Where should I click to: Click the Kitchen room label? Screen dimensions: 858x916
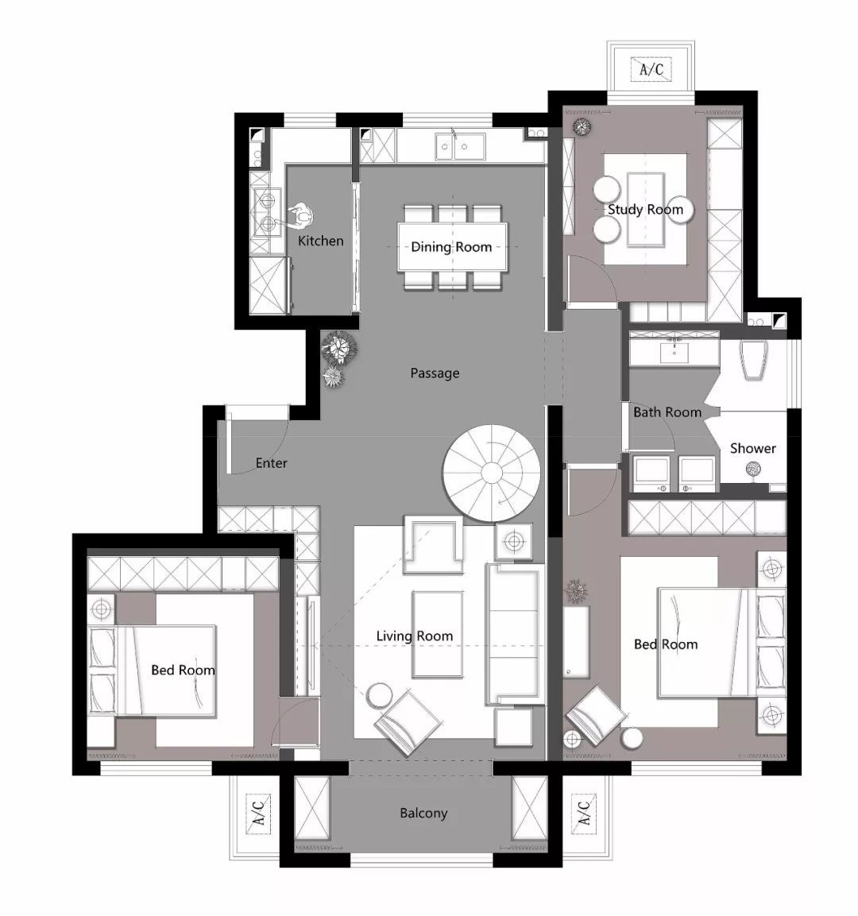pyautogui.click(x=321, y=241)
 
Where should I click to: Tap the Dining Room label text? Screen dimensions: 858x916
pyautogui.click(x=451, y=247)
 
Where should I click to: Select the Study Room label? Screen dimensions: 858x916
pyautogui.click(x=645, y=210)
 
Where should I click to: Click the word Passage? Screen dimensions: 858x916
pyautogui.click(x=435, y=373)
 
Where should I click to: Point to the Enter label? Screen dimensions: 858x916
pyautogui.click(x=272, y=463)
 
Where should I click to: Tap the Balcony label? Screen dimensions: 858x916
pyautogui.click(x=423, y=814)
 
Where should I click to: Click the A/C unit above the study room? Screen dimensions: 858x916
pyautogui.click(x=651, y=70)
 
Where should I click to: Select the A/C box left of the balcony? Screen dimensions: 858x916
pyautogui.click(x=258, y=814)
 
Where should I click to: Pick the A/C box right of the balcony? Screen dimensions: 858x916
pyautogui.click(x=583, y=814)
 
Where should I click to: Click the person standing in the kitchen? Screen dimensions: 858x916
pyautogui.click(x=299, y=216)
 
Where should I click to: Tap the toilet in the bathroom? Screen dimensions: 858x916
pyautogui.click(x=752, y=358)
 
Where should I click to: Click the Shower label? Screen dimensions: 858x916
pyautogui.click(x=753, y=449)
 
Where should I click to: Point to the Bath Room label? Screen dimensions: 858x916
pyautogui.click(x=667, y=412)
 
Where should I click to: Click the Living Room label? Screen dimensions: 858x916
pyautogui.click(x=415, y=636)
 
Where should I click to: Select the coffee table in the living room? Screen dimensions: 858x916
pyautogui.click(x=438, y=635)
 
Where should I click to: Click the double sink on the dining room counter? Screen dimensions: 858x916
pyautogui.click(x=460, y=147)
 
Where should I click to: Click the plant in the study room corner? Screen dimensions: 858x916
pyautogui.click(x=582, y=127)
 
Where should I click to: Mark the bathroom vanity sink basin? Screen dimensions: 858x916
pyautogui.click(x=674, y=352)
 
